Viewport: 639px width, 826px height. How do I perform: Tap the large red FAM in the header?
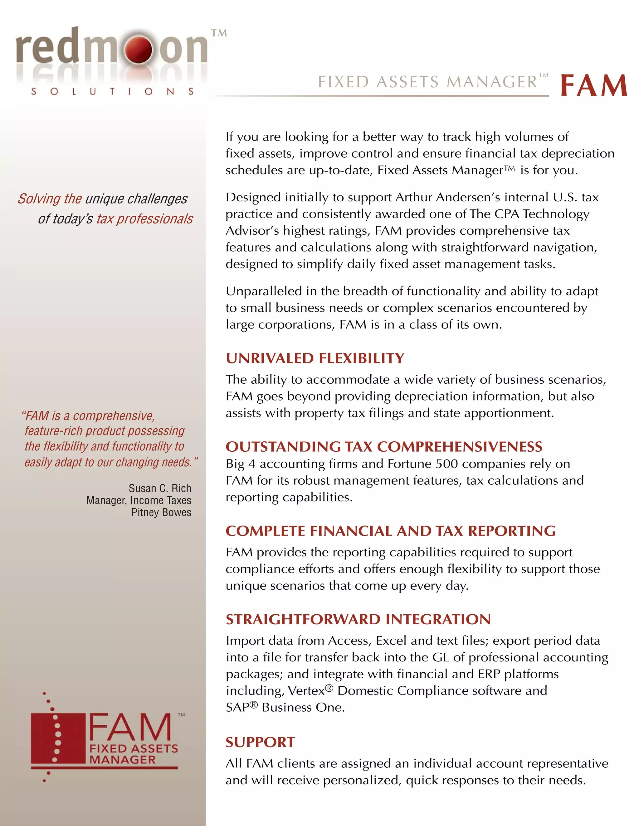pos(593,86)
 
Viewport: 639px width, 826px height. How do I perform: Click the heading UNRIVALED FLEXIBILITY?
pos(315,358)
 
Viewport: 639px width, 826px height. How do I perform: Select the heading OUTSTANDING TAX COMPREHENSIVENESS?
pos(384,447)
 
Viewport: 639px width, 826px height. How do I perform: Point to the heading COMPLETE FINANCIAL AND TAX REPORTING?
pos(390,531)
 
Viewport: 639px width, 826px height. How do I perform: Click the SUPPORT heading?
pos(260,742)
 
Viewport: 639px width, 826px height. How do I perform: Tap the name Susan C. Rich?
pos(160,488)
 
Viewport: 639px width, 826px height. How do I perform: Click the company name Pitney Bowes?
pos(161,512)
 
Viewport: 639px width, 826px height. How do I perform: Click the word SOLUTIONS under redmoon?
pos(112,92)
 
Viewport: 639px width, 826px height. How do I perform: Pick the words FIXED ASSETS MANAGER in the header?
pos(427,82)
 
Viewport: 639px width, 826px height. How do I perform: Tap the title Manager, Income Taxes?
pos(139,500)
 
